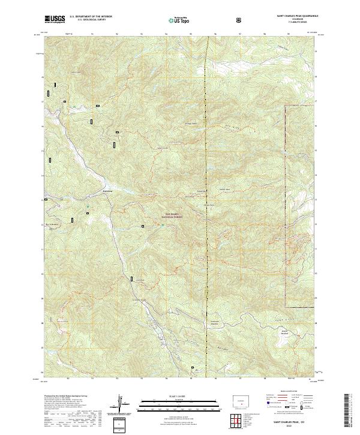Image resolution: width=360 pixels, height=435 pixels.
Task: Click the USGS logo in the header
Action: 55,20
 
